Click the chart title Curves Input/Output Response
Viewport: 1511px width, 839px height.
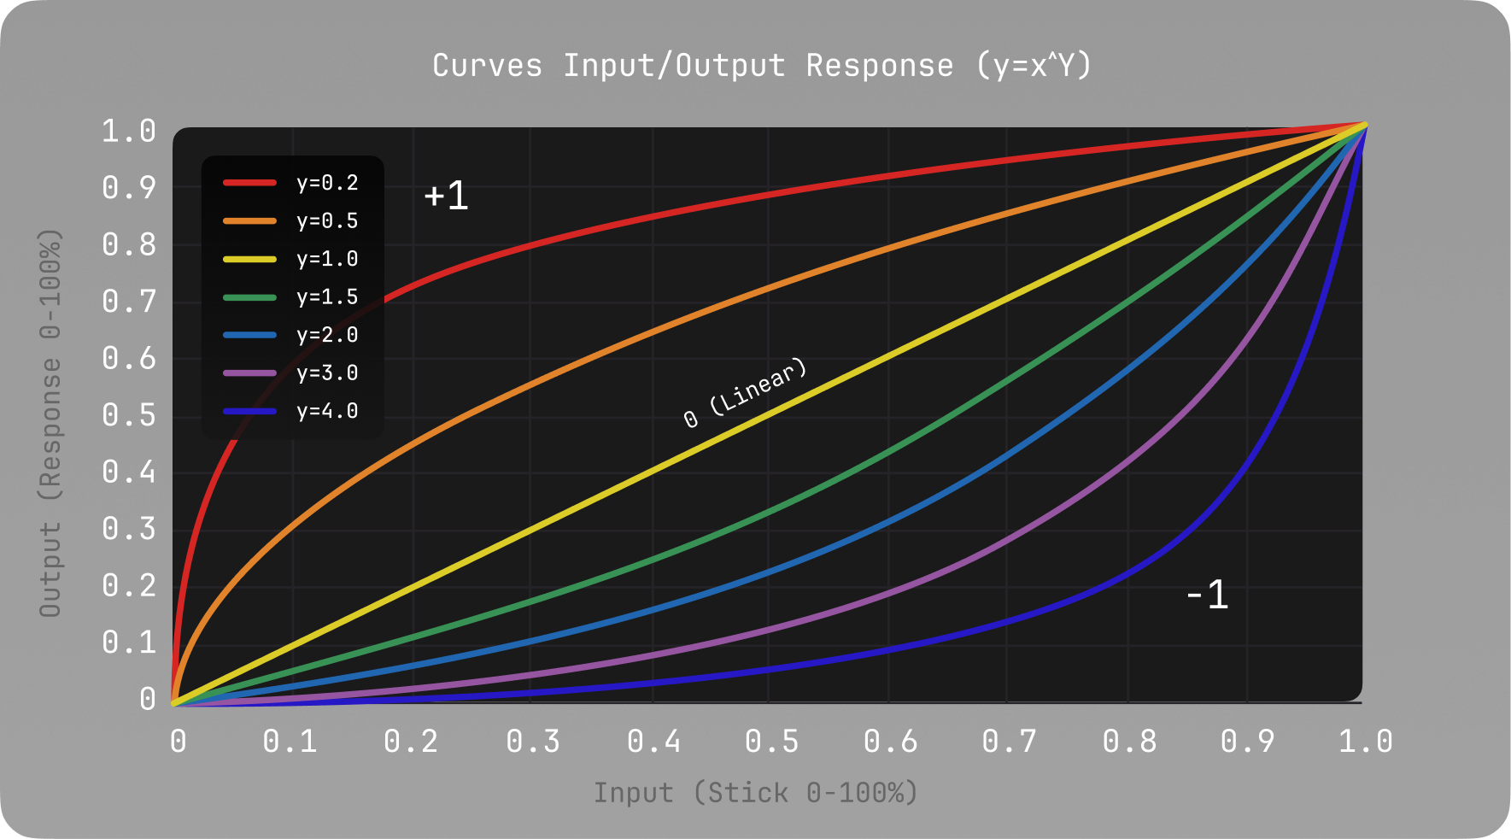point(761,66)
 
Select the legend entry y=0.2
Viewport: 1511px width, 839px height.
point(327,183)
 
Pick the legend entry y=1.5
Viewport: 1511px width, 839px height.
point(327,297)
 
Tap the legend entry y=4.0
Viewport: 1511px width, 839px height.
point(327,411)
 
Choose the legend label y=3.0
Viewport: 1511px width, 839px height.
point(327,373)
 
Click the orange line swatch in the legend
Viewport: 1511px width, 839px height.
point(249,220)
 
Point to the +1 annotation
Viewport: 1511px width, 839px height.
point(446,196)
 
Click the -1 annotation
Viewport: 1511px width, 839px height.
point(1207,595)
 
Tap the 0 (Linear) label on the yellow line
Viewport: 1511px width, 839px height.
point(745,393)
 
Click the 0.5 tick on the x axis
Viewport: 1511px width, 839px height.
point(771,742)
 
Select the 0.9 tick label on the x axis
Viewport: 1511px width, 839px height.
point(1247,742)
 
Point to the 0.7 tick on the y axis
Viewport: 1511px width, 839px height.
point(129,302)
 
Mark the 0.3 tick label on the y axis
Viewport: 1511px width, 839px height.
point(129,529)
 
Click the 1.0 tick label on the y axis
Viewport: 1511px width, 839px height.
point(129,132)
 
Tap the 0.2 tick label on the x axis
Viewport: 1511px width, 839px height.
point(411,742)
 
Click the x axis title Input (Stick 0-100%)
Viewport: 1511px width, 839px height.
point(756,793)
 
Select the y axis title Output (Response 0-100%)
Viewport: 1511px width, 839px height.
point(50,423)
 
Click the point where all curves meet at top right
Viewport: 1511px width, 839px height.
point(1365,126)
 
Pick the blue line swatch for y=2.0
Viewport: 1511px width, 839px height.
point(249,335)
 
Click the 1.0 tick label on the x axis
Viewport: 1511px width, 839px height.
point(1365,742)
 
